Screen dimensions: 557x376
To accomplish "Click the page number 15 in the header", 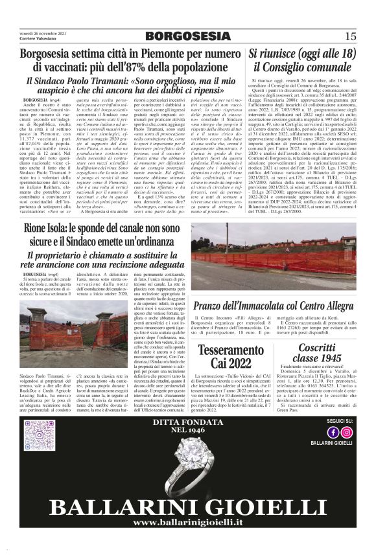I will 351,36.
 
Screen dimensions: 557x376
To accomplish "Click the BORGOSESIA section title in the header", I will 188,35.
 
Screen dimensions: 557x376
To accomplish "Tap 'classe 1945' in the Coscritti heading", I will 316,357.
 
